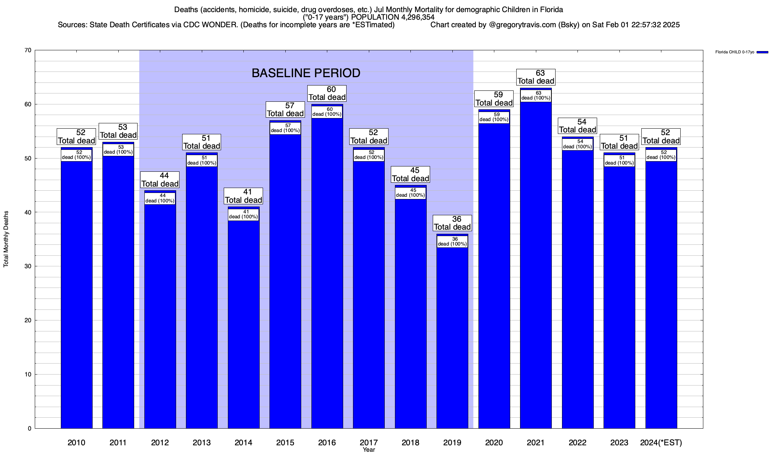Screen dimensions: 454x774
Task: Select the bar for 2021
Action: coord(536,265)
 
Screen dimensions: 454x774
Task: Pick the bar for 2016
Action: coord(327,272)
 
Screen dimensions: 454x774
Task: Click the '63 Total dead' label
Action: coord(536,77)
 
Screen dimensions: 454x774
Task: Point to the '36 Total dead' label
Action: coord(452,223)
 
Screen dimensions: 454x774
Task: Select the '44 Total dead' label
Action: coord(160,180)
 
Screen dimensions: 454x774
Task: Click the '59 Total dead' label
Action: coord(494,99)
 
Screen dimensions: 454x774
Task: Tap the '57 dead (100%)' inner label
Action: coord(285,128)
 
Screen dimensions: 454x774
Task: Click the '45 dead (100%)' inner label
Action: coord(410,193)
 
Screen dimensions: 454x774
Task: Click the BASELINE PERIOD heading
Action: coord(306,73)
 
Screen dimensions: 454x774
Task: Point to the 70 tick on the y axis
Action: coord(28,50)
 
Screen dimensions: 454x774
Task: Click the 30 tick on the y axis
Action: coord(28,266)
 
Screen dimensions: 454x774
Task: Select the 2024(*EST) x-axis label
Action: coord(661,443)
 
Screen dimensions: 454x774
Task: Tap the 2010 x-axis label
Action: coord(76,443)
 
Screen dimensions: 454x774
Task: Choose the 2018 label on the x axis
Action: coord(410,443)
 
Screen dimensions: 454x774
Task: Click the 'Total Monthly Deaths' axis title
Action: coord(6,239)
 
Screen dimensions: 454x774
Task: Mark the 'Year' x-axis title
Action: coord(368,450)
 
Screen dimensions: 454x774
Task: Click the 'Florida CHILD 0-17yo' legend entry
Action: coord(734,52)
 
